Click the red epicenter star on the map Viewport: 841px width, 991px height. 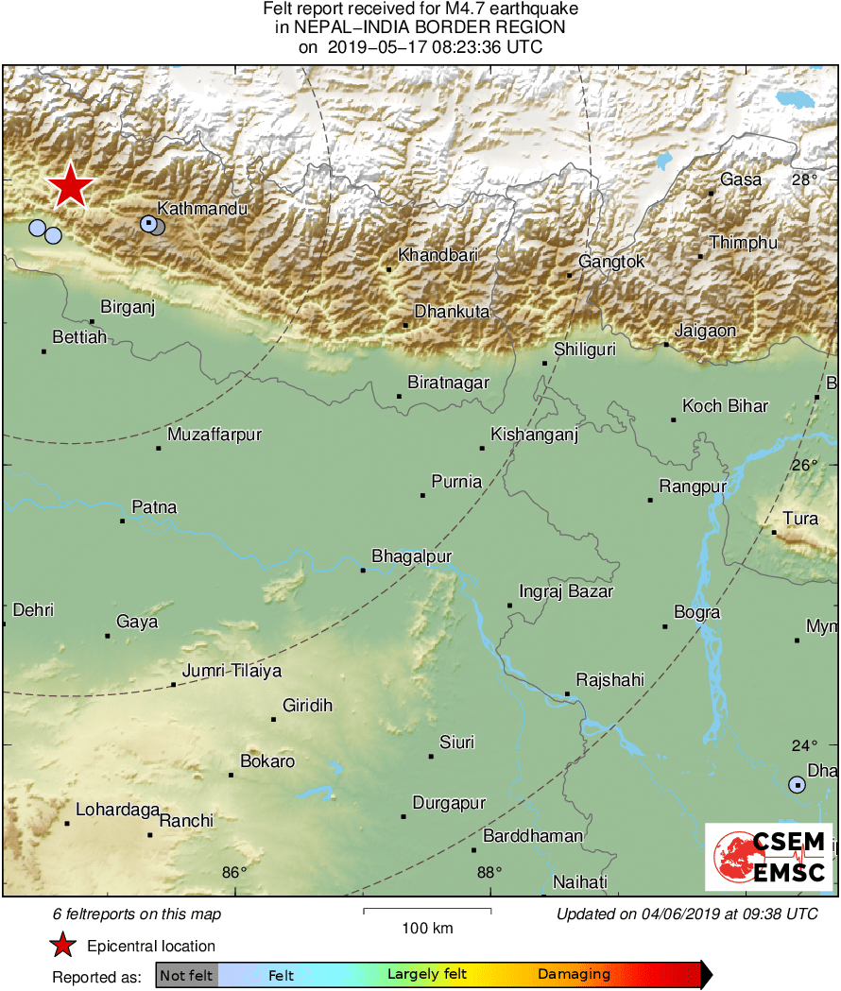point(70,186)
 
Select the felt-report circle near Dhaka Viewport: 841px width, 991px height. point(798,784)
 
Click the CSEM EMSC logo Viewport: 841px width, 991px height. point(769,857)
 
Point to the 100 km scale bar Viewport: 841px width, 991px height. point(427,911)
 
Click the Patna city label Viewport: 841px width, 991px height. point(154,507)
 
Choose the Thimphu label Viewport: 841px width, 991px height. point(744,243)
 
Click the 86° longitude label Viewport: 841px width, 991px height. point(233,872)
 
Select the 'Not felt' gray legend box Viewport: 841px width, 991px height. point(186,974)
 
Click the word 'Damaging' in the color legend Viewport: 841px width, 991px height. point(574,974)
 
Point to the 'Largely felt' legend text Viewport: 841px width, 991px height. point(426,974)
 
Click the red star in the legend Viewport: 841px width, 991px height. point(62,945)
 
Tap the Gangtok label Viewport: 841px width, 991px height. point(611,262)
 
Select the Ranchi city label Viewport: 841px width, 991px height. point(186,821)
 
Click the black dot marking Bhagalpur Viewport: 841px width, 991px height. point(363,570)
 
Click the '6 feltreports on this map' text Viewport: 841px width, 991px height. point(137,914)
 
